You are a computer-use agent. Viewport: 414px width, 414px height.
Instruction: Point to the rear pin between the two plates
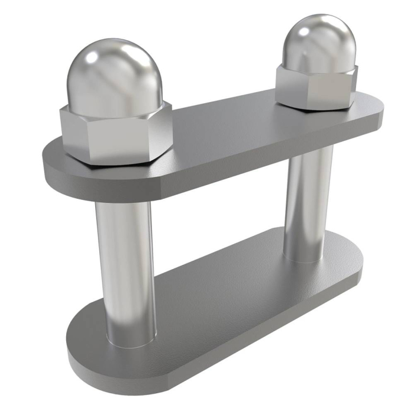[308, 201]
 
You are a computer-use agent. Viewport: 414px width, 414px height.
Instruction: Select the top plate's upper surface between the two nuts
[231, 130]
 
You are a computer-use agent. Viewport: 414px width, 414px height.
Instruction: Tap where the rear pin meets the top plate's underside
[310, 151]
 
